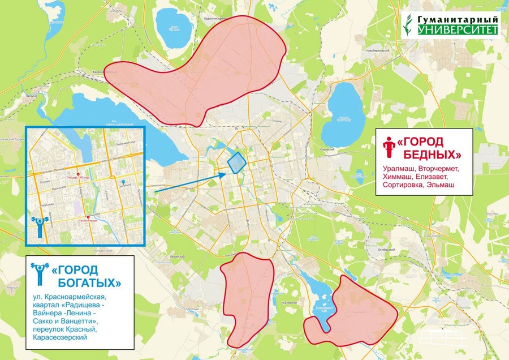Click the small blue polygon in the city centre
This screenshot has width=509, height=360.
(x=236, y=162)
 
